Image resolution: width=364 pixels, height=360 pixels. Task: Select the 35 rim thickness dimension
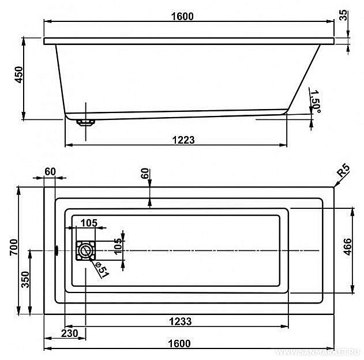point(344,15)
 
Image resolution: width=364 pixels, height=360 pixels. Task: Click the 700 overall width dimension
point(18,247)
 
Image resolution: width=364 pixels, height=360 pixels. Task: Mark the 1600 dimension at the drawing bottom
point(179,343)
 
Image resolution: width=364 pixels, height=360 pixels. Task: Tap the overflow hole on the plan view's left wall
point(57,250)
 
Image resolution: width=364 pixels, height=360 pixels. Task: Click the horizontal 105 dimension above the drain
point(88,223)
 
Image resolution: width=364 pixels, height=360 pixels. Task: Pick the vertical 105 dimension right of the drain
point(118,246)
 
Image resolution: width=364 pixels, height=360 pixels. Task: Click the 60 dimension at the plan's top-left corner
point(49,171)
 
